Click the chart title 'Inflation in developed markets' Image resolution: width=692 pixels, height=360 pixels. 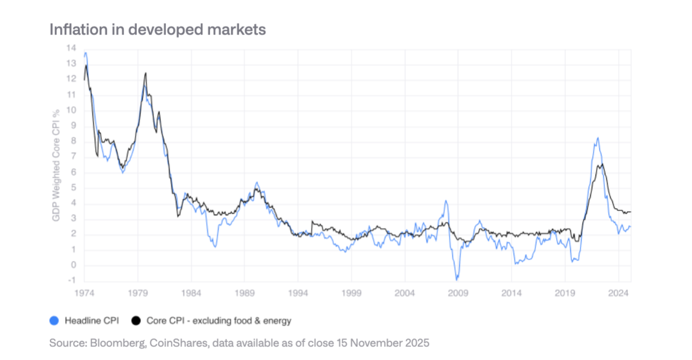[157, 30]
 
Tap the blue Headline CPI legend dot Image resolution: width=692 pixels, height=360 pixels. [53, 321]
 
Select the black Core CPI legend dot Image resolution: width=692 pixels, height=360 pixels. [136, 321]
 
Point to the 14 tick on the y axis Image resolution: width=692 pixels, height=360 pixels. [71, 48]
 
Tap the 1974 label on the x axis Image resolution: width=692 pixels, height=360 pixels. [85, 293]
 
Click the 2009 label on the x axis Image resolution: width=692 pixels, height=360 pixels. [458, 293]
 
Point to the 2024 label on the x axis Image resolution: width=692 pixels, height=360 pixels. [619, 293]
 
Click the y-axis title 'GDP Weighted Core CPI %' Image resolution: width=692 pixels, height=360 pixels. [56, 164]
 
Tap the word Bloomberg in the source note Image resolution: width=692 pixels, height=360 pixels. [107, 343]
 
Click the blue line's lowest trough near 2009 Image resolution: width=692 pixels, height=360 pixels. [457, 280]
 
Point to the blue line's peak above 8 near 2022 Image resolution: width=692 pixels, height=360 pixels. [597, 138]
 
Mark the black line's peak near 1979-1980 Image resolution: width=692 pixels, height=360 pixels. [145, 73]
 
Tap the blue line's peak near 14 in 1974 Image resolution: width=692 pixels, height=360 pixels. [86, 52]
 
